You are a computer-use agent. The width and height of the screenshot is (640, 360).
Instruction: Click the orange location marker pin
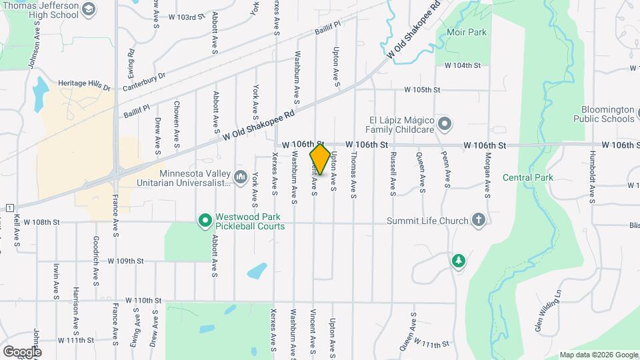320,159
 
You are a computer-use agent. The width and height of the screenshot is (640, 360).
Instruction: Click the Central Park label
527,177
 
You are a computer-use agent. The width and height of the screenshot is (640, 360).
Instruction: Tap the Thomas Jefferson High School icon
89,9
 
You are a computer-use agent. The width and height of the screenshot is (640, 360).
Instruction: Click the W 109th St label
125,261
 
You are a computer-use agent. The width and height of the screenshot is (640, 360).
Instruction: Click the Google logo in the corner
21,351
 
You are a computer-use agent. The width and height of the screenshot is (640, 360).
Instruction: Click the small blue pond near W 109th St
257,271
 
